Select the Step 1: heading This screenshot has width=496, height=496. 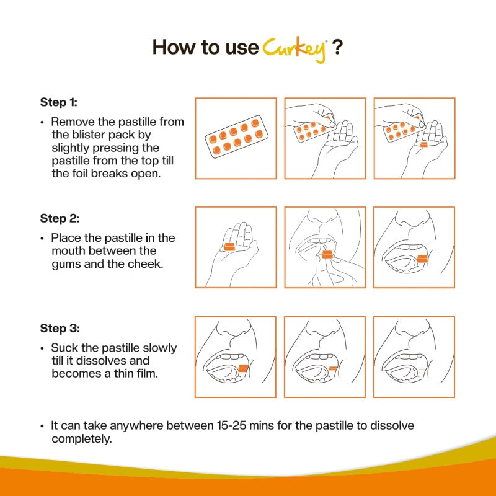(60, 102)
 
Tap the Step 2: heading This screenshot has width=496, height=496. (60, 218)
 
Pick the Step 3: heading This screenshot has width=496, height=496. (60, 328)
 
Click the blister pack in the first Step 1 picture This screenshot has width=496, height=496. (236, 138)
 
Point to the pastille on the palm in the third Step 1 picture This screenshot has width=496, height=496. (424, 144)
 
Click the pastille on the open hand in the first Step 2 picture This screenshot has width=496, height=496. (229, 247)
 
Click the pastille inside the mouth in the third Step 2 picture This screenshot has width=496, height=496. (422, 258)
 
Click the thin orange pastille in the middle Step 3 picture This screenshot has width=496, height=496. (333, 368)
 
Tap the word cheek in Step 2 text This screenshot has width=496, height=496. (144, 264)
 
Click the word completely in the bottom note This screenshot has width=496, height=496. (81, 439)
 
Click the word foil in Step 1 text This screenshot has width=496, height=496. (81, 174)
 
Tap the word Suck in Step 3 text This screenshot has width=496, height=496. (63, 348)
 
